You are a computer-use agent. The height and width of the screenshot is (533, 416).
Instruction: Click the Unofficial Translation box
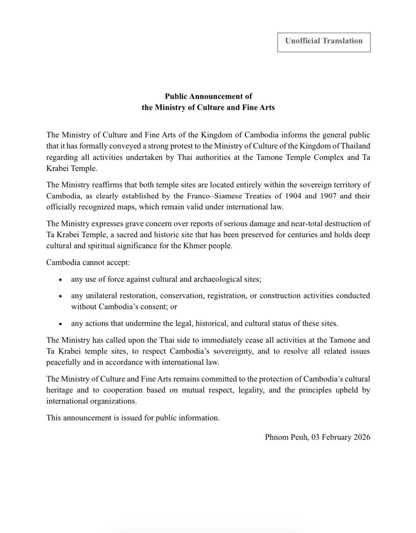pos(324,41)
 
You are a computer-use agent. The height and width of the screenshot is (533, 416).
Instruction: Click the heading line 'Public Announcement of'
pos(208,96)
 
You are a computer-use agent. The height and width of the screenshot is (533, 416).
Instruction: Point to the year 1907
pos(328,196)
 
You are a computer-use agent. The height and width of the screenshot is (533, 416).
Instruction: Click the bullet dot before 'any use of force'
pos(61,280)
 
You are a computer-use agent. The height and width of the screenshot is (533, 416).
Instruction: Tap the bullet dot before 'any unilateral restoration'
pos(61,296)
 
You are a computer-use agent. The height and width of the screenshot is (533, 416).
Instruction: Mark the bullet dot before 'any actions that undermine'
pos(61,324)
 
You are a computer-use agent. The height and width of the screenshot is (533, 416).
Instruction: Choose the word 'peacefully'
pos(63,362)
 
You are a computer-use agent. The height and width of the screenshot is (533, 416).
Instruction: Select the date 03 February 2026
pos(341,437)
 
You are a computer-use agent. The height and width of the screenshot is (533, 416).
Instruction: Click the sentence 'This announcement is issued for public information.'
pos(133,418)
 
